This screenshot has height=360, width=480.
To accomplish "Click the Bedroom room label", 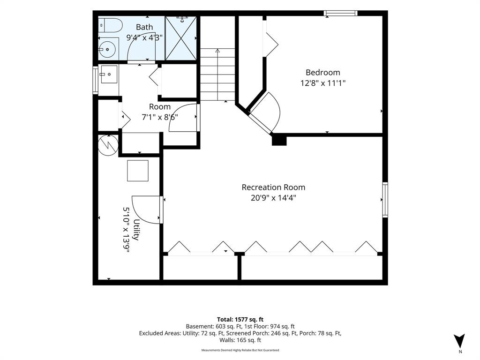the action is click(322, 73).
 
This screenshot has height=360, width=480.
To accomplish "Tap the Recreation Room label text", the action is click(273, 187).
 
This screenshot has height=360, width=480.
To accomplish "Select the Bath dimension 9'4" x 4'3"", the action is click(144, 37).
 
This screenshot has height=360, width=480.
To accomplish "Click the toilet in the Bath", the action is click(111, 25).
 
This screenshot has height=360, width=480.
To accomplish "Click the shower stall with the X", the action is click(180, 38).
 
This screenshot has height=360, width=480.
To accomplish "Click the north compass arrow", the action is click(459, 341).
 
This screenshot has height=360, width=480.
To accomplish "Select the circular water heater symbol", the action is click(108, 145).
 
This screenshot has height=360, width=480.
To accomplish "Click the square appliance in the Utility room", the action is click(138, 171).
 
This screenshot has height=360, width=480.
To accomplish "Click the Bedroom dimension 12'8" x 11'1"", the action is click(323, 83).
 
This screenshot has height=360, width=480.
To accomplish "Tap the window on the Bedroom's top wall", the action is click(341, 13).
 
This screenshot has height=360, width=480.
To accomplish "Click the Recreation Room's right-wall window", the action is click(385, 200).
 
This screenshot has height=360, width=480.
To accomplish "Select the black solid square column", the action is click(279, 140).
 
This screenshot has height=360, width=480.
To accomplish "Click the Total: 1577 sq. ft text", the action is click(240, 320).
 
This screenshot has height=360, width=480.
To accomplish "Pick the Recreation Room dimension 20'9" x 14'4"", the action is click(273, 198).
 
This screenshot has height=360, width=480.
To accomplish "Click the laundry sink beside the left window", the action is click(109, 75).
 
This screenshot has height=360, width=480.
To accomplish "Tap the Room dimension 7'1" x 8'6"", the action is click(159, 117).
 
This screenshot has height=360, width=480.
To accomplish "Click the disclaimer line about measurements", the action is click(240, 350).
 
